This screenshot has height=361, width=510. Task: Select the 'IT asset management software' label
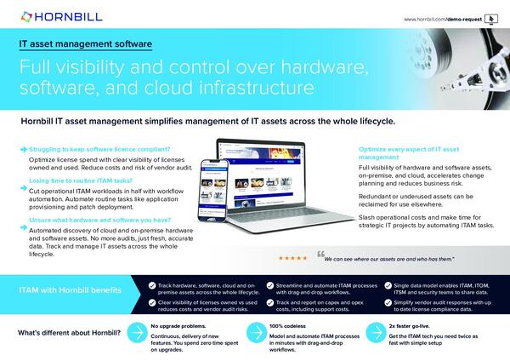(x=86, y=43)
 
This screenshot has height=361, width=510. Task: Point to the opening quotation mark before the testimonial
(x=320, y=255)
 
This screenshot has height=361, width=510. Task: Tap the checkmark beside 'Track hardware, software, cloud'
(x=150, y=284)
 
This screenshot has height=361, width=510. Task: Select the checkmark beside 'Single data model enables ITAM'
(x=388, y=284)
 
